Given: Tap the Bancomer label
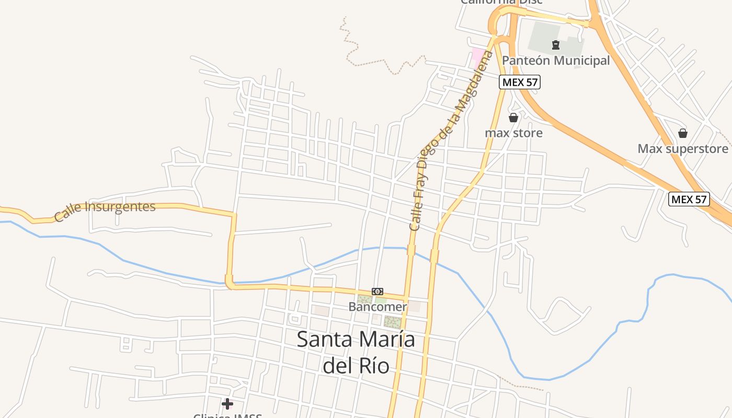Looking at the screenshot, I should [x=378, y=307].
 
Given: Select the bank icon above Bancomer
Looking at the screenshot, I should [x=378, y=291].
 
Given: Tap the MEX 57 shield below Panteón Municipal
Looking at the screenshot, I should [x=519, y=82].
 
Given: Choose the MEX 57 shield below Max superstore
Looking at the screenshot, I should [x=689, y=199].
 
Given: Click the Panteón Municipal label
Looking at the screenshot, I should [x=556, y=61].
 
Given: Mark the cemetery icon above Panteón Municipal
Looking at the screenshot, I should [x=556, y=45].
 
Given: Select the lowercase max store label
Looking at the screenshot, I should [x=513, y=133].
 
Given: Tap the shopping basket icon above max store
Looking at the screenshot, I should [x=513, y=118].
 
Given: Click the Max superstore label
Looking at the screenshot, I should [x=682, y=149].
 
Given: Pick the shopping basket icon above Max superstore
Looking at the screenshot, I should [x=682, y=133].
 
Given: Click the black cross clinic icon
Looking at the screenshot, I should [x=227, y=403].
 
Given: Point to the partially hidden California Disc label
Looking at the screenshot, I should [x=501, y=2].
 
